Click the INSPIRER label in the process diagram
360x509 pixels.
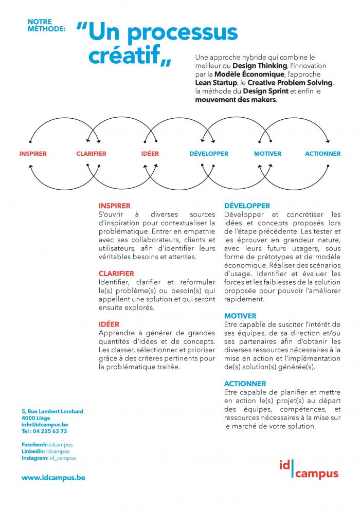(33, 154)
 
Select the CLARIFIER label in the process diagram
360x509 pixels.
(91, 154)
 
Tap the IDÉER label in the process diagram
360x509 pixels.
(150, 154)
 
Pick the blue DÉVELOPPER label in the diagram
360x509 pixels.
(209, 154)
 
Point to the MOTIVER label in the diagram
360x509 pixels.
(267, 154)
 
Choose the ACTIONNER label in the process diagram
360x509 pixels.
(322, 154)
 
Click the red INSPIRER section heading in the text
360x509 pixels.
(115, 206)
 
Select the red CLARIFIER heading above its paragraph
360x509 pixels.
(116, 274)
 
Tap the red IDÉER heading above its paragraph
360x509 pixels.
(109, 324)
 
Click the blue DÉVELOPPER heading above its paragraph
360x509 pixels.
(247, 206)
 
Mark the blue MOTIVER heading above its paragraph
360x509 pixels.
(240, 316)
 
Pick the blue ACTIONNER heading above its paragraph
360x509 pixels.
(245, 384)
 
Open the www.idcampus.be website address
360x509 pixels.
(53, 478)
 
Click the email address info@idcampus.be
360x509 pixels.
(45, 425)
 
